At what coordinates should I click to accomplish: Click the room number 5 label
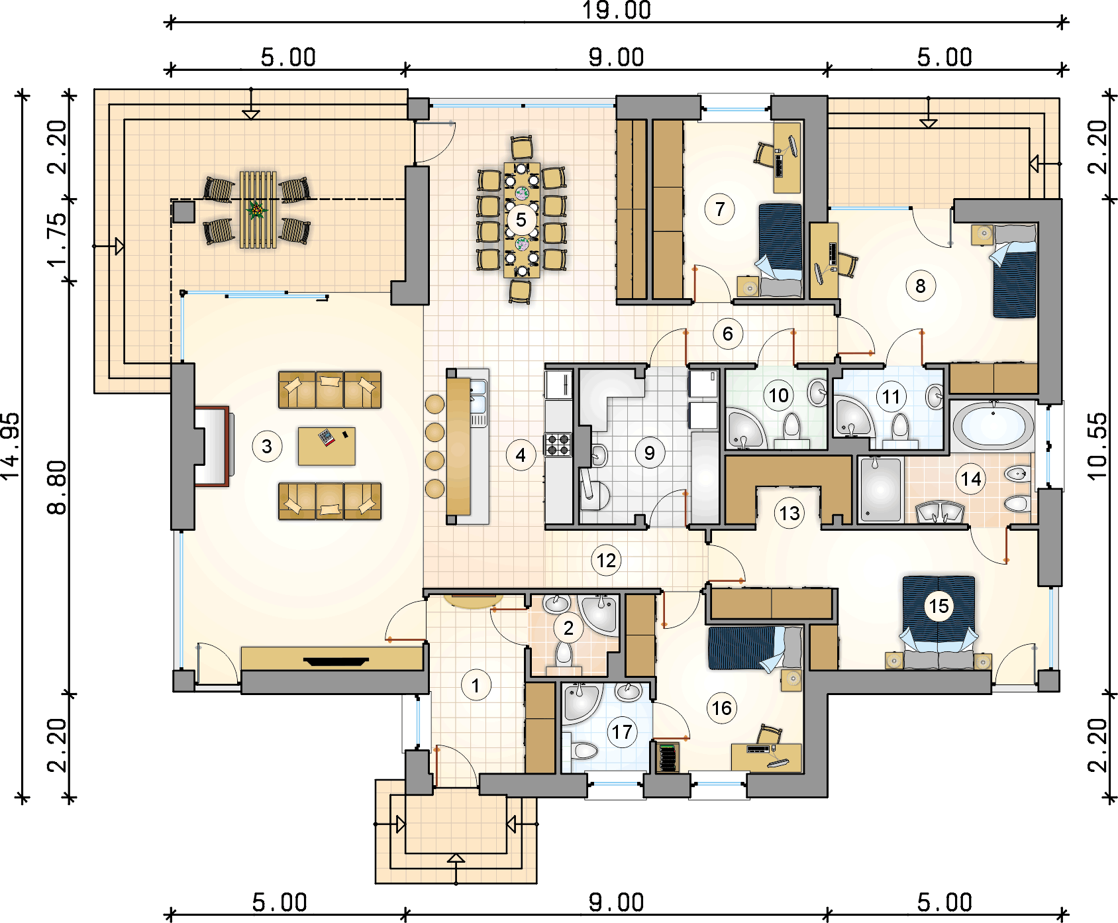[x=521, y=219]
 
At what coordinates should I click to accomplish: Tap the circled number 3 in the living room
[x=267, y=446]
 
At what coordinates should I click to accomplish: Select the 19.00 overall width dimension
[x=617, y=10]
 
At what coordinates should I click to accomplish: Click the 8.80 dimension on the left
[x=57, y=488]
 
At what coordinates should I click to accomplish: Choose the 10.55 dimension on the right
[x=1097, y=446]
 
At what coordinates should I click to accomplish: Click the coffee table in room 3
[x=327, y=446]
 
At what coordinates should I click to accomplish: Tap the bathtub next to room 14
[x=993, y=426]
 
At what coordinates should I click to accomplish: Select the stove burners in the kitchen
[x=558, y=445]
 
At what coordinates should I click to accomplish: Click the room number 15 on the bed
[x=939, y=606]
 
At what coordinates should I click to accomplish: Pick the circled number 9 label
[x=649, y=453]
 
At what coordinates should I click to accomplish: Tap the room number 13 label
[x=789, y=513]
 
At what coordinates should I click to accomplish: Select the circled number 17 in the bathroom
[x=622, y=732]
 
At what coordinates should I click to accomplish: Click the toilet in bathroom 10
[x=792, y=427]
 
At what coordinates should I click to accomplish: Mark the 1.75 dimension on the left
[x=57, y=239]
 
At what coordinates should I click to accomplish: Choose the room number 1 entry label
[x=476, y=684]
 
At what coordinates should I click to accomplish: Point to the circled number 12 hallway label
[x=606, y=561]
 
